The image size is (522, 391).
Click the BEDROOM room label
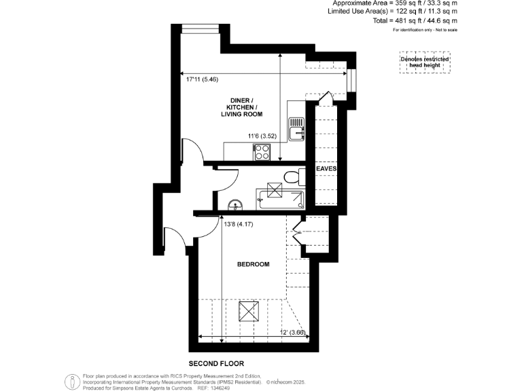coord(253,264)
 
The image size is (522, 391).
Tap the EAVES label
coord(327,168)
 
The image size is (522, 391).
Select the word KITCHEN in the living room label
coord(241,107)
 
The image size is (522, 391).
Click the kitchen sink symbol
coord(296,128)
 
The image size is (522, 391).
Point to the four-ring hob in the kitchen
coord(262,153)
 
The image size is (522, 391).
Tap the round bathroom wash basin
coord(235,204)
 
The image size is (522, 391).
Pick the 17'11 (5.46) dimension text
coord(202,79)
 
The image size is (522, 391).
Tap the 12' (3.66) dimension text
coord(296,332)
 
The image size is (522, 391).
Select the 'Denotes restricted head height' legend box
coord(423,62)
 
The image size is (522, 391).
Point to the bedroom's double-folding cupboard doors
coord(298,227)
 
